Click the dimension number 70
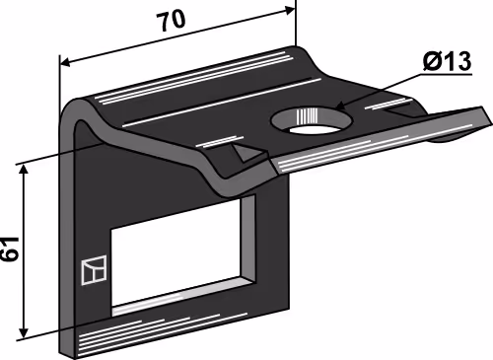point(171,21)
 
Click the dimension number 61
point(9,249)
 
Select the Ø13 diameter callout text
point(447,61)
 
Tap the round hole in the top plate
point(312,120)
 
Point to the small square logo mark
point(94,269)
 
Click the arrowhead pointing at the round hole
point(340,107)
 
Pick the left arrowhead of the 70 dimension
point(65,62)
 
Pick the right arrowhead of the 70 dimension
point(289,11)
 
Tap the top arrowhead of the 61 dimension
point(24,170)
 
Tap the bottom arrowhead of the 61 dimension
point(24,332)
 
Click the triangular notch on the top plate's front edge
point(247,152)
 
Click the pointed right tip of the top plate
point(490,120)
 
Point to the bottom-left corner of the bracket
point(60,352)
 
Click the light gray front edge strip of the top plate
point(378,142)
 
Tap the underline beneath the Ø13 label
point(446,75)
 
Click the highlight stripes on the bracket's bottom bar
point(161,332)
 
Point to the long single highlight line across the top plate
point(222,103)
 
